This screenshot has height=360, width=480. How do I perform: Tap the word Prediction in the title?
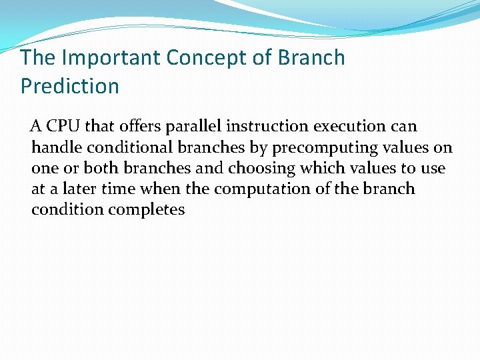tap(70, 86)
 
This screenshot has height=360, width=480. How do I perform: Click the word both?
tap(103, 168)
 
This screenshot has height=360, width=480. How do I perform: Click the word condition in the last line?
tap(65, 210)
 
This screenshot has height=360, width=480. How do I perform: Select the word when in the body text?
tap(161, 189)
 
